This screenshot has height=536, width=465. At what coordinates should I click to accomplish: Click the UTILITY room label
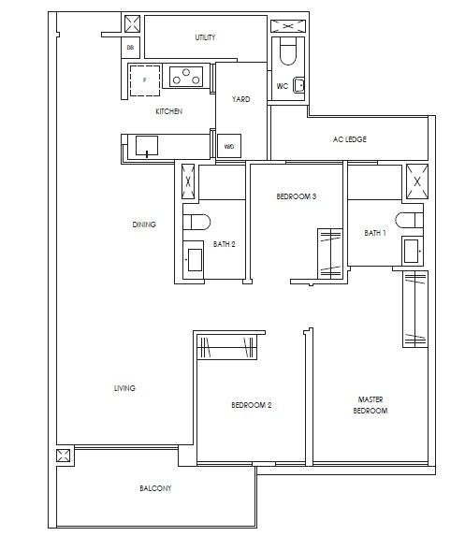click(205, 37)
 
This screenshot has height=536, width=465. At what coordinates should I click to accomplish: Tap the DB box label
click(131, 46)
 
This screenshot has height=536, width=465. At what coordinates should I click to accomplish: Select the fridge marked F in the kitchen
click(144, 80)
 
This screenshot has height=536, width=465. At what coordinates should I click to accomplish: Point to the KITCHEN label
click(168, 111)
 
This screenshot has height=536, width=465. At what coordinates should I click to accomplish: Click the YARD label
click(240, 99)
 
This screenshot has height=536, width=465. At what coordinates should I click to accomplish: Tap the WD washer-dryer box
click(229, 146)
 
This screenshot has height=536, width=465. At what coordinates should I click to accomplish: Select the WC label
click(282, 88)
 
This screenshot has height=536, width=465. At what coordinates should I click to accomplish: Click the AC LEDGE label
click(349, 139)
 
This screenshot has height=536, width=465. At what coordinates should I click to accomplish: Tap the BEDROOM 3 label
click(296, 197)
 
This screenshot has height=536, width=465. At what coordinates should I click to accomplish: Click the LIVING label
click(124, 387)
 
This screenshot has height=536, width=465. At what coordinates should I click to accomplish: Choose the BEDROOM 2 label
click(252, 405)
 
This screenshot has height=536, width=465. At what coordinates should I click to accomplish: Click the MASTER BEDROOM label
click(371, 405)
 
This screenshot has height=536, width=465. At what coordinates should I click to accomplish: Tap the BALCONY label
click(156, 488)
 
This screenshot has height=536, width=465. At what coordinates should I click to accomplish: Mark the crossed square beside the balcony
click(64, 456)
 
